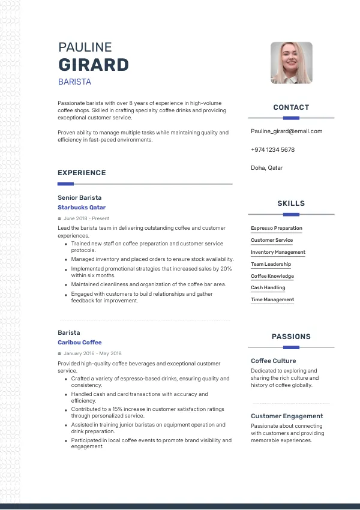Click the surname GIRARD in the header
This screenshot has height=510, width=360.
(x=93, y=65)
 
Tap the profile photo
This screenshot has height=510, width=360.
(x=292, y=63)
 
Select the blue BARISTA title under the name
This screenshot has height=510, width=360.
(x=74, y=82)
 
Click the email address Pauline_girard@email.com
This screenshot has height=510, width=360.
(x=286, y=131)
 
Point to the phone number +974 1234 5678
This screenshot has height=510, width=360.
(x=272, y=149)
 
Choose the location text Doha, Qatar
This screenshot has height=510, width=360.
(x=266, y=168)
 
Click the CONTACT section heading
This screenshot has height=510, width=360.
(x=291, y=107)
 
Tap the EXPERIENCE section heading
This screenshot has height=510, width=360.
(x=82, y=173)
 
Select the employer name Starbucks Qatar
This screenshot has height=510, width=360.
(x=82, y=208)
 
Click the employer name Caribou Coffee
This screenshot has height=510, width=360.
(x=80, y=343)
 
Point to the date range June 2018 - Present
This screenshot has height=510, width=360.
(x=86, y=218)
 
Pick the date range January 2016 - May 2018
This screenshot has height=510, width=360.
(x=92, y=353)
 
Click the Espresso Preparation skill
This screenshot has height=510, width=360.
(x=277, y=228)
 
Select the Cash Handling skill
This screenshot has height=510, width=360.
(x=268, y=288)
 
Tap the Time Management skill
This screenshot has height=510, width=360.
(x=272, y=299)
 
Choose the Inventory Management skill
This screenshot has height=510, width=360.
(x=278, y=252)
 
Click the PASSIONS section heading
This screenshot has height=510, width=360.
(x=291, y=337)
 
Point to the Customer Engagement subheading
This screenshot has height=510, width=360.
(x=287, y=416)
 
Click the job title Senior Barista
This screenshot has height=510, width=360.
(x=80, y=197)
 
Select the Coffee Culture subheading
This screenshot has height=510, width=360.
(x=274, y=361)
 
